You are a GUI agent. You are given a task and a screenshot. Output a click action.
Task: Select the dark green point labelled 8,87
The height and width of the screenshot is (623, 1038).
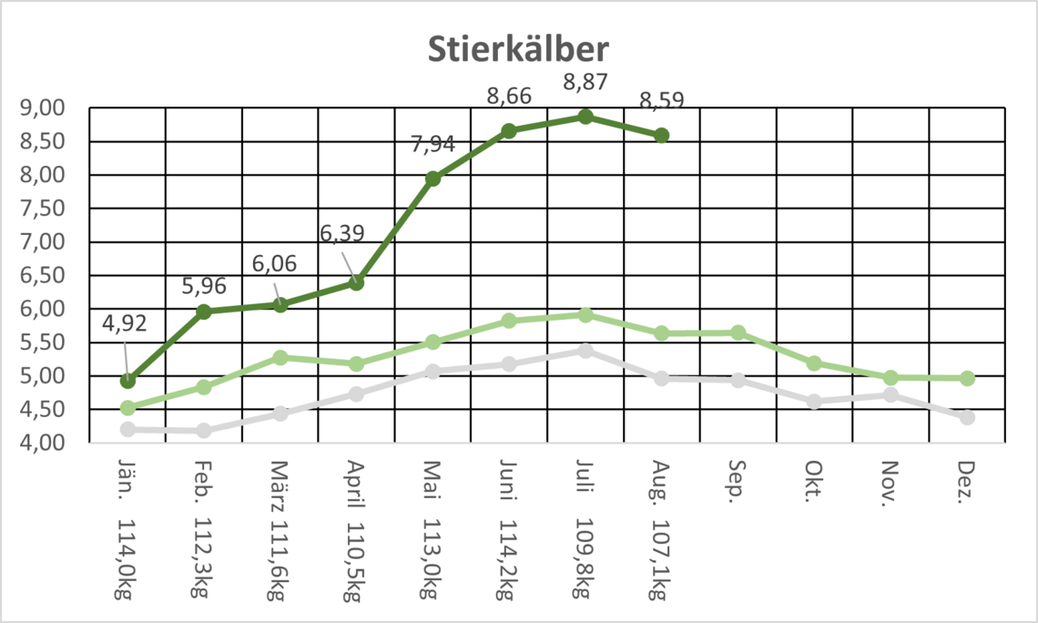[x=585, y=117]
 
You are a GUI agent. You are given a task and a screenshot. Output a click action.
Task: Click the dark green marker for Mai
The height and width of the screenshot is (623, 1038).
[x=432, y=179]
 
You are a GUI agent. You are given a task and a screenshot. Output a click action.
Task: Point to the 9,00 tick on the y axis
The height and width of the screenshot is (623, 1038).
[x=43, y=107]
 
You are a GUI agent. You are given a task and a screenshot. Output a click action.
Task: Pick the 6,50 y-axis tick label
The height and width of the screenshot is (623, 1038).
[x=43, y=275]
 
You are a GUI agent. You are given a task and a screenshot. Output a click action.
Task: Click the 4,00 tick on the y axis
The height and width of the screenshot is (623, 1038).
[x=43, y=443]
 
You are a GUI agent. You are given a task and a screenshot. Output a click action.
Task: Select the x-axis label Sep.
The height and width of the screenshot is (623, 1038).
[x=737, y=477]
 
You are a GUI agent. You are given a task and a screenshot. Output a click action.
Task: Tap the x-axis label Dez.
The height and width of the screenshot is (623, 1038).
[x=966, y=477]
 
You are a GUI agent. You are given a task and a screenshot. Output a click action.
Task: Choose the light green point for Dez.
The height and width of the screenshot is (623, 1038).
[x=967, y=378]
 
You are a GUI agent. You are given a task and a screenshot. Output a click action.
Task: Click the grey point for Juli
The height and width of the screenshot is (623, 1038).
[x=585, y=351]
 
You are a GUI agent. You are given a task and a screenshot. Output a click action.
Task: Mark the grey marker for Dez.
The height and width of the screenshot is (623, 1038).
[x=967, y=417]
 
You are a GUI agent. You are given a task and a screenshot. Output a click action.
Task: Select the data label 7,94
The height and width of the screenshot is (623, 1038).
[x=432, y=143]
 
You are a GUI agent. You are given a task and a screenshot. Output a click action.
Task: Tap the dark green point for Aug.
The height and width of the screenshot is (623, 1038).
[x=662, y=136]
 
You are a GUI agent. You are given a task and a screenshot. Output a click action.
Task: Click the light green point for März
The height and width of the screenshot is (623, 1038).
[x=280, y=358]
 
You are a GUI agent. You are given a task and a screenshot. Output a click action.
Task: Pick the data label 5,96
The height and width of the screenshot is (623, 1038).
[x=203, y=286]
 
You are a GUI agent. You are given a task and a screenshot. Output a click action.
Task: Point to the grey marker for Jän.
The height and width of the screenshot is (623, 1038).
[x=127, y=429]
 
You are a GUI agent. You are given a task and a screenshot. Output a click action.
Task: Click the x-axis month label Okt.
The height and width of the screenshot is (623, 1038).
[x=813, y=477]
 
